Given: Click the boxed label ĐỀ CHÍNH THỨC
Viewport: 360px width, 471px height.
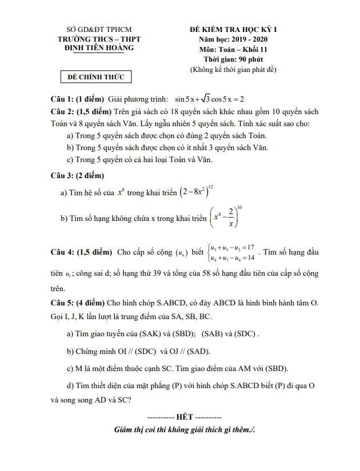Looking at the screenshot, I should point(96,77).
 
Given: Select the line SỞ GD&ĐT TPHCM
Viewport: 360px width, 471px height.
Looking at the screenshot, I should point(99,29).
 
